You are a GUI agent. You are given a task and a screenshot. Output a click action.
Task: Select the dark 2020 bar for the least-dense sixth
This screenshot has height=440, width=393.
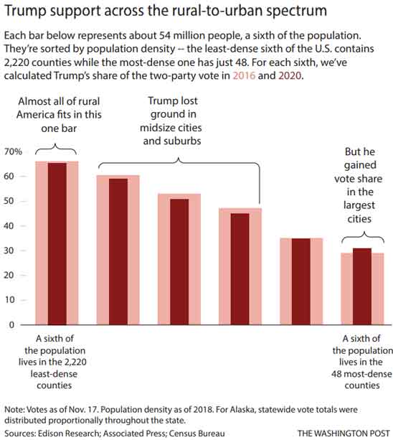tap(57, 244)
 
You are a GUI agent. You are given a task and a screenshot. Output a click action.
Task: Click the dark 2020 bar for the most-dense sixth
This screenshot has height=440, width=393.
tap(362, 286)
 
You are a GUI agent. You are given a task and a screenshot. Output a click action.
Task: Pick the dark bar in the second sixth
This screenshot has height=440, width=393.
tap(118, 251)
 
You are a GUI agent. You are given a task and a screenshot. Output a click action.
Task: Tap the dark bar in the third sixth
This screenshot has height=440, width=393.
tap(179, 262)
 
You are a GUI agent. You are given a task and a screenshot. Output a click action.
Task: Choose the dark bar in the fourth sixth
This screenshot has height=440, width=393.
tap(240, 269)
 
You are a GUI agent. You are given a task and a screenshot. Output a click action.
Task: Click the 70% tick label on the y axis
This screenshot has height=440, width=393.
tap(14, 152)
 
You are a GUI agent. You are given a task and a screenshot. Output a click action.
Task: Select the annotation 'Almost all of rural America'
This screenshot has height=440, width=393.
tap(56, 113)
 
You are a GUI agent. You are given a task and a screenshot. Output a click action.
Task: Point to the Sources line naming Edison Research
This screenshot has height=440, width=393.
tap(115, 434)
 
